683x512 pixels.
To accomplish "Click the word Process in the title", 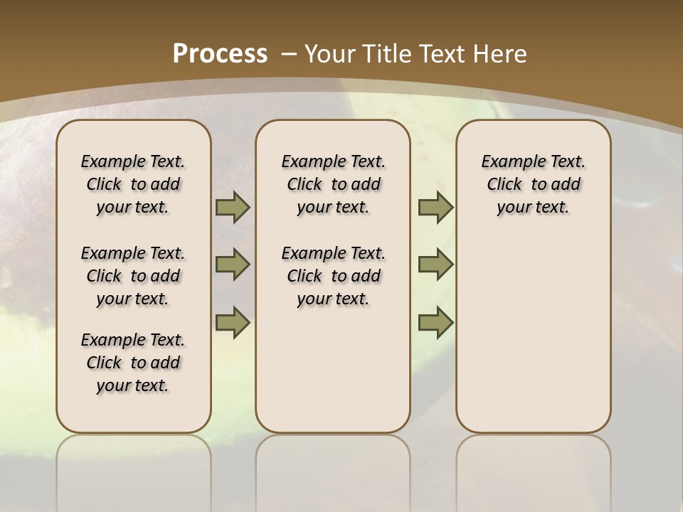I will (x=220, y=53).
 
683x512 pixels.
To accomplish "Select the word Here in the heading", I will (x=502, y=54).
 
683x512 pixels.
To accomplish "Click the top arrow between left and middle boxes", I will (x=233, y=207).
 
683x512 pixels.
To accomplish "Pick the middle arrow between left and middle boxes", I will (x=233, y=265).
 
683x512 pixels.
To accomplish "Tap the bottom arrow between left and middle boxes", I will (x=233, y=322).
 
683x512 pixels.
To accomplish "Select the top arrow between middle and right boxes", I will (x=435, y=207).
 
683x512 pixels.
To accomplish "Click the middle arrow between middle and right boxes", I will (x=435, y=265).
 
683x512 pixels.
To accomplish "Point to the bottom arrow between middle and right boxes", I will (x=435, y=322).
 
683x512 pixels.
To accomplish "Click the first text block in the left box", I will (x=133, y=184).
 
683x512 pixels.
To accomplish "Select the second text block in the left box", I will (x=133, y=276).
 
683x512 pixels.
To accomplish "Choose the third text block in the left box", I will (x=133, y=363).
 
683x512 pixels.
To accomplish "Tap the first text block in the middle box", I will (x=333, y=184).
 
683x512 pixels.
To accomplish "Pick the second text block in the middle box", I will (x=333, y=276).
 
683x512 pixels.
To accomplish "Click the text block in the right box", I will (x=533, y=184).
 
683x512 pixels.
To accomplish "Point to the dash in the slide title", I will (x=289, y=54).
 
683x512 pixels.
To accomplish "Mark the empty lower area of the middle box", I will (x=333, y=370).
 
